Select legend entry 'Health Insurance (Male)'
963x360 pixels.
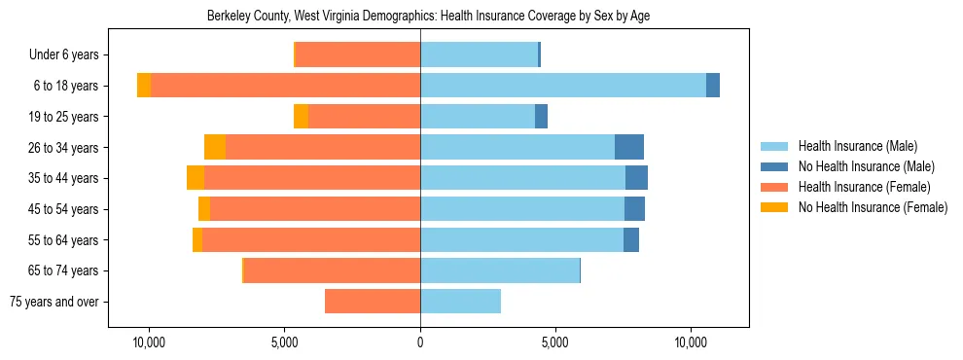point(857,146)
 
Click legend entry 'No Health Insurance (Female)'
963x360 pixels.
point(873,207)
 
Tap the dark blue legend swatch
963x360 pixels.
point(774,166)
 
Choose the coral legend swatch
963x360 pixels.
point(774,187)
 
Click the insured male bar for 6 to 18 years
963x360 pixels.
point(562,86)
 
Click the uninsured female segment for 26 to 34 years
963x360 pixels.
point(215,147)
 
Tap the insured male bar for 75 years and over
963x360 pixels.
point(460,302)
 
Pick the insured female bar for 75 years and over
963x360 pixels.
point(373,302)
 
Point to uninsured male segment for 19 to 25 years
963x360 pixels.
point(541,117)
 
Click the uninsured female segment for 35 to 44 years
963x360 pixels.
point(196,178)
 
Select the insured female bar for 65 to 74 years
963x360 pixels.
point(332,270)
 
